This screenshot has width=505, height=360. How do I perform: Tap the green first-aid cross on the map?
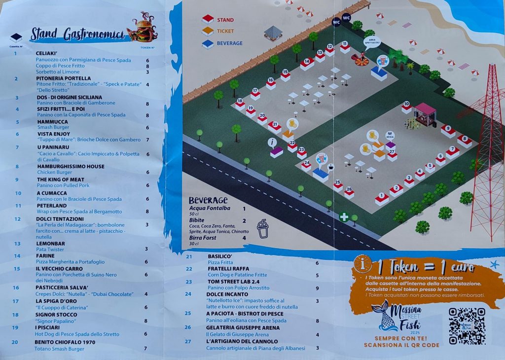[x=343, y=216]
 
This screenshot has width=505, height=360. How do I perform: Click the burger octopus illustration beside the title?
[x=142, y=29]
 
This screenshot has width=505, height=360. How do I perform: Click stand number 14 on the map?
[x=307, y=63]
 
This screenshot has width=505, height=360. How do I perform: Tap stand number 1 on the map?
[x=382, y=198]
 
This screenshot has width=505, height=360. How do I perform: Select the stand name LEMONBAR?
[x=50, y=244]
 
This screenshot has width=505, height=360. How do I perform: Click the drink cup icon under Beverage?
[x=262, y=229]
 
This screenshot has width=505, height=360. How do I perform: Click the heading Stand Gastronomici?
[x=77, y=34]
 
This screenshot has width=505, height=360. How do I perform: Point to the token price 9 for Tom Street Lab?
[x=317, y=288]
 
